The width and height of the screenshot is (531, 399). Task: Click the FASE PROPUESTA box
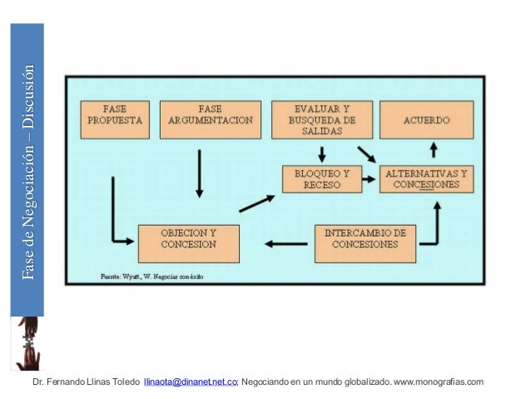(114, 120)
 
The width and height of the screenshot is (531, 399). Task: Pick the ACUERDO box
(426, 120)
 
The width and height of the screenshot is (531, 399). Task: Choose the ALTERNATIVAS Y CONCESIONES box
(425, 179)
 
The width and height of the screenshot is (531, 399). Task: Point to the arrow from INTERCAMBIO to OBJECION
(285, 244)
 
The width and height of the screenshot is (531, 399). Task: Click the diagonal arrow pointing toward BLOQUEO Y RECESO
(256, 203)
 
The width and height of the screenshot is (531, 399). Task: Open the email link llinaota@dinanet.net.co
(191, 382)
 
